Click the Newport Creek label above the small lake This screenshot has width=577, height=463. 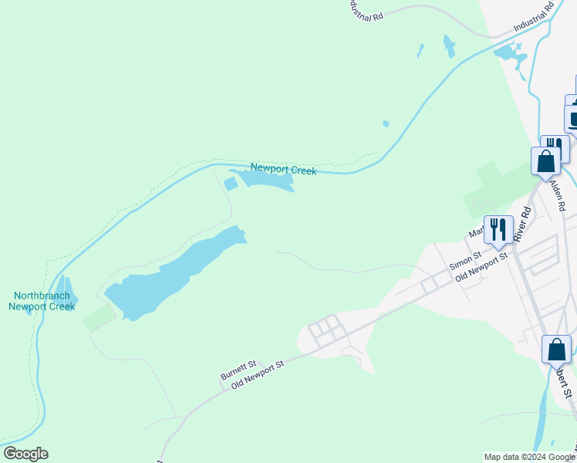[x=283, y=170]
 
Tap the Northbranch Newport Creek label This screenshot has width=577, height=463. [x=42, y=301]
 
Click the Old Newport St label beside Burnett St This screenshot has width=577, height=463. [x=258, y=373]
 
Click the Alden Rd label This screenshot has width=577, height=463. [x=558, y=196]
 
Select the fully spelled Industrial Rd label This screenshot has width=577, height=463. [x=535, y=19]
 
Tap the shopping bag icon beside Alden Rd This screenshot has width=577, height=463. [x=546, y=162]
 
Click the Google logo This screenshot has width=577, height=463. [x=25, y=454]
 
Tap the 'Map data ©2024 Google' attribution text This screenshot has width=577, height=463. [x=529, y=457]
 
